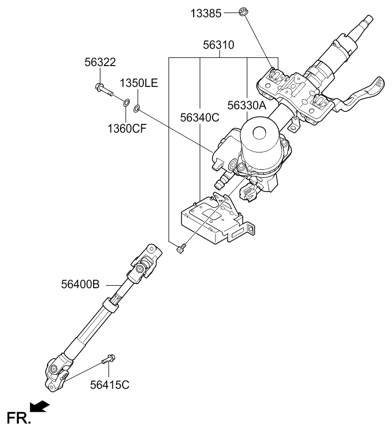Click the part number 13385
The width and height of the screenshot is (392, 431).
pyautogui.click(x=206, y=13)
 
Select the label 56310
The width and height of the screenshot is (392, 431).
pyautogui.click(x=220, y=45)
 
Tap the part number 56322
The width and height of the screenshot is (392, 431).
pyautogui.click(x=100, y=63)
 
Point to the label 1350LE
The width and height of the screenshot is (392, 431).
pyautogui.click(x=139, y=83)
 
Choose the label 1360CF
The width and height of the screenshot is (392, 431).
pyautogui.click(x=127, y=128)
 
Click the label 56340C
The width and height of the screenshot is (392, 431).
pyautogui.click(x=199, y=118)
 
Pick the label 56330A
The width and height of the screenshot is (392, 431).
pyautogui.click(x=247, y=106)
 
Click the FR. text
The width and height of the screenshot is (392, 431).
pyautogui.click(x=18, y=417)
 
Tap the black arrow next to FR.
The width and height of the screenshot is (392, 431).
pyautogui.click(x=40, y=406)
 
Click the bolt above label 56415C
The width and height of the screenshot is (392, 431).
pyautogui.click(x=107, y=360)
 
